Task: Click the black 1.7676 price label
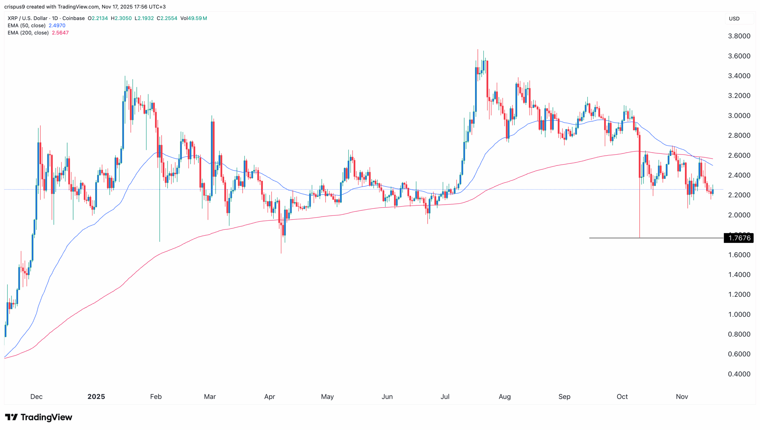click(739, 238)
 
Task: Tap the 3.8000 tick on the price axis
click(739, 36)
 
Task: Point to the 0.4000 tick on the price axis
click(739, 374)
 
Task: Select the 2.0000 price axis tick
click(739, 215)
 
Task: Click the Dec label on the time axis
click(37, 396)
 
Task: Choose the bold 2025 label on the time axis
click(96, 396)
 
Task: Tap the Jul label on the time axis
click(445, 396)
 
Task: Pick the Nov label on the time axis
click(682, 396)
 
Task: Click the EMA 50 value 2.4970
click(57, 26)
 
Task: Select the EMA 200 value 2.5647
click(60, 33)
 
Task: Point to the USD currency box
click(734, 19)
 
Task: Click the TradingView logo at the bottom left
click(39, 417)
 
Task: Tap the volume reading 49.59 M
click(197, 18)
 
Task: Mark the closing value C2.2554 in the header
click(167, 18)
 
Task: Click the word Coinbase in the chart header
click(73, 18)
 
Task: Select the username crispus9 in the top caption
click(15, 7)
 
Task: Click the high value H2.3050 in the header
click(121, 18)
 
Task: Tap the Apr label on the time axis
click(270, 396)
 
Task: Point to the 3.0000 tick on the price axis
click(739, 116)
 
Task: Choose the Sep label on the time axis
click(564, 396)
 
